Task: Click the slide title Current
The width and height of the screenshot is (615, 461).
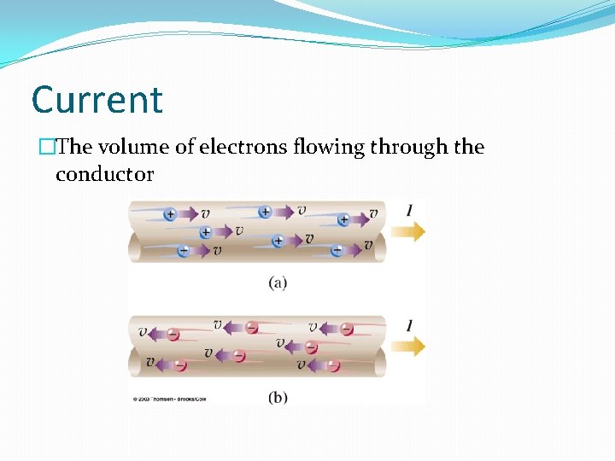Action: pos(97,100)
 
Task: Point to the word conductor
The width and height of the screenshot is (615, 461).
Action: pos(104,175)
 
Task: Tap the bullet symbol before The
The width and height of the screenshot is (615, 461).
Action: pos(45,148)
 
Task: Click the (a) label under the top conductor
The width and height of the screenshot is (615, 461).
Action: pos(278,283)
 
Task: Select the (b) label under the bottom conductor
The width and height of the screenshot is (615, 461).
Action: pos(278,398)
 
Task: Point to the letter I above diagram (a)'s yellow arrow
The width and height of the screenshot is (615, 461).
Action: pos(411,210)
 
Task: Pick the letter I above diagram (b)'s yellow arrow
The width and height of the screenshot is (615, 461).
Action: pos(411,325)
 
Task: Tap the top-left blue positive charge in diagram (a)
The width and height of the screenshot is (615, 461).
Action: pos(170,213)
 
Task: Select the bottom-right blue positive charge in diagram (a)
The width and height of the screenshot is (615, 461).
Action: pos(337,250)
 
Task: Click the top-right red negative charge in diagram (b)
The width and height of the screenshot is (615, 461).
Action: pos(346,329)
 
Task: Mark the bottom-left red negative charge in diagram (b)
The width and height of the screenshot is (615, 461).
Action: pos(179,365)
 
